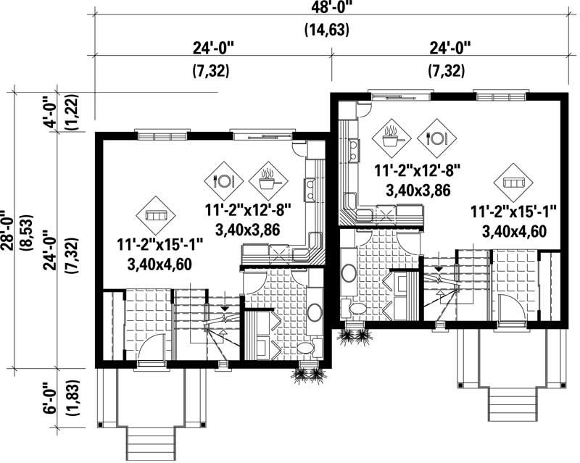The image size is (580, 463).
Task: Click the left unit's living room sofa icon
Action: (157, 216)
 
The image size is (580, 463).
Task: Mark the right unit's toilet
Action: (359, 309)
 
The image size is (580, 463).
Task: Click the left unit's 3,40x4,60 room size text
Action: (159, 264)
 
